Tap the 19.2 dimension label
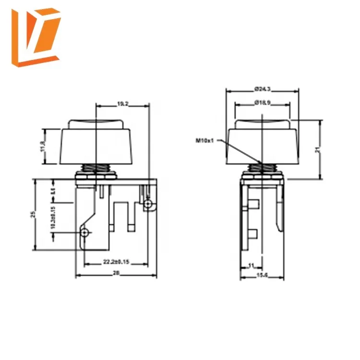[123, 103]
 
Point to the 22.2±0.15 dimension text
[115, 261]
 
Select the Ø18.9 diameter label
[262, 102]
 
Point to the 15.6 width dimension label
[262, 275]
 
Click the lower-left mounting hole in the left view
[85, 233]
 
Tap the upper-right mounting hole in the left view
[148, 205]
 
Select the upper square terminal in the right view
[254, 204]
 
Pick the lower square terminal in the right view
[254, 234]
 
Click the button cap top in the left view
[96, 123]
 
